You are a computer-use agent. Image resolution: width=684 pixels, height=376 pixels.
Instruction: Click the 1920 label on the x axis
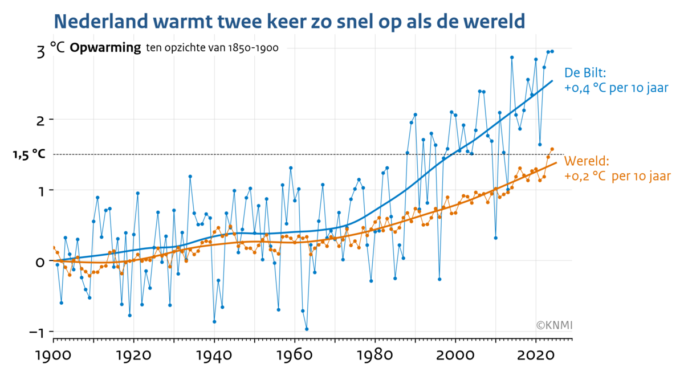click(x=133, y=355)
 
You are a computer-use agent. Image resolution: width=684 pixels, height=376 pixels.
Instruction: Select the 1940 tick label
click(x=214, y=355)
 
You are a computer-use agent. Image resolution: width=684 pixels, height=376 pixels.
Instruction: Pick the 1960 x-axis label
click(x=294, y=355)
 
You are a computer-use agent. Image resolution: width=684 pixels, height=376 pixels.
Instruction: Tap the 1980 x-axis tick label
click(x=374, y=355)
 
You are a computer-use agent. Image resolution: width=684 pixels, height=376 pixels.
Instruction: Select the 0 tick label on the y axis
click(x=40, y=261)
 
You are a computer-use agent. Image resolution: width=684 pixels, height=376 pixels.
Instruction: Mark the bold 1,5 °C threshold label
click(x=28, y=154)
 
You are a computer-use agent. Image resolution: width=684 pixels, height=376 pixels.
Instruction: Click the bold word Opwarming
click(x=105, y=48)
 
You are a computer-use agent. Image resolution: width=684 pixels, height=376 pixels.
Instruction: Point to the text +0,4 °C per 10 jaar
click(x=616, y=88)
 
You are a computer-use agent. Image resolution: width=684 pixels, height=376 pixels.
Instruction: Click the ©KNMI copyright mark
click(x=554, y=325)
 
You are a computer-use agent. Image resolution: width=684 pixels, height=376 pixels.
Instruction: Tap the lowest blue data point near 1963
click(x=307, y=329)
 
